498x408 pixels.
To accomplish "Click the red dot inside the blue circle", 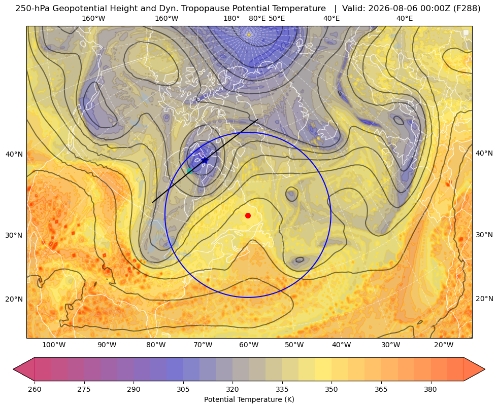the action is (248, 215).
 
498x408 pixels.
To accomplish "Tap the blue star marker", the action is (205, 160).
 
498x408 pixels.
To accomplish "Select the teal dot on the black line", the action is (190, 171).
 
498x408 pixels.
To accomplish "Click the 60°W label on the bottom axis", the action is (249, 345).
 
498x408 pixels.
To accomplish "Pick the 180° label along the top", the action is (231, 18).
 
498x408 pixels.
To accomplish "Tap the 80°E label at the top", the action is (257, 18).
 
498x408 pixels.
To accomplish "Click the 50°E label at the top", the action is (277, 18).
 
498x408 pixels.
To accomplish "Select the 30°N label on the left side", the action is (14, 236).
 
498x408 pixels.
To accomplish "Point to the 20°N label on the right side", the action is (484, 299).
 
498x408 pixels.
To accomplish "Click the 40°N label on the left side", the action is (14, 155).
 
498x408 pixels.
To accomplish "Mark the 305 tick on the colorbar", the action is (183, 389).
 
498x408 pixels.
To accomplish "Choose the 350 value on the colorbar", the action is (331, 389).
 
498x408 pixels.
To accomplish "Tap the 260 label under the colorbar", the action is (35, 389).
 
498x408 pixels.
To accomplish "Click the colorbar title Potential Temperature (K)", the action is (249, 399).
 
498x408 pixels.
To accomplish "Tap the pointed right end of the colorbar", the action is (485, 369).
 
